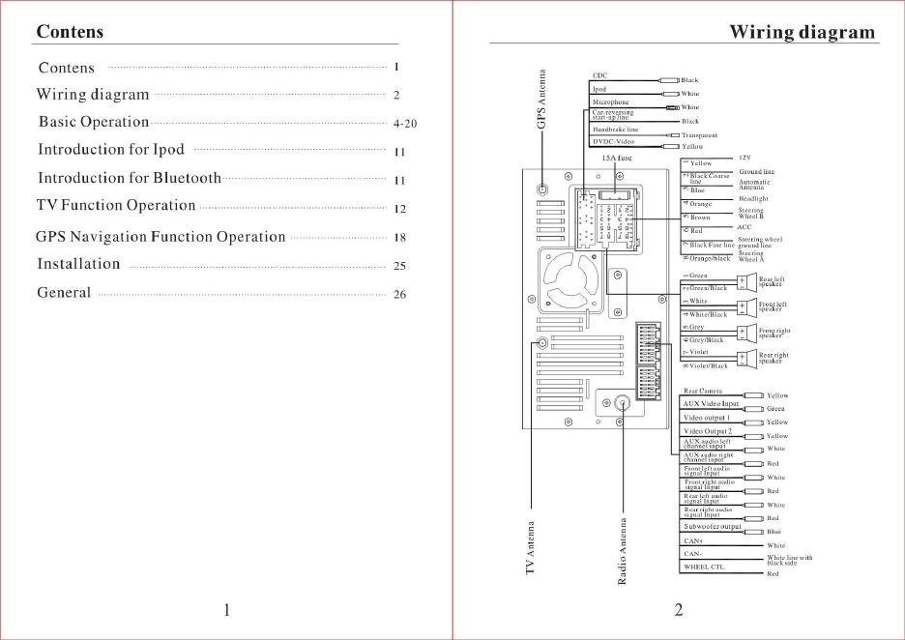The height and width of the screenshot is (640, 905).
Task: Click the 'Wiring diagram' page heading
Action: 802,32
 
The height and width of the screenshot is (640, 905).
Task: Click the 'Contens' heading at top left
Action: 70,32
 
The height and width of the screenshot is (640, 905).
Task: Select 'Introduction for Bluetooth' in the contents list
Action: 130,178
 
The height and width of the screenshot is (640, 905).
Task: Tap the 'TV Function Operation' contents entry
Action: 116,206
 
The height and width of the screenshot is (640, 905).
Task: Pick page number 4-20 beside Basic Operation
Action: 405,125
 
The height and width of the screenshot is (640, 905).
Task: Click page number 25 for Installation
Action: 399,266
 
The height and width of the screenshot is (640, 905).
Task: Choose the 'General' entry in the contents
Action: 64,293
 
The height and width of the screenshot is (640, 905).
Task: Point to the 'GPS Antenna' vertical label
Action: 541,99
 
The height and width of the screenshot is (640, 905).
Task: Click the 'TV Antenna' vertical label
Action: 530,549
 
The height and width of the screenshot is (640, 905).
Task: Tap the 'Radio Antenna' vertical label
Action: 622,551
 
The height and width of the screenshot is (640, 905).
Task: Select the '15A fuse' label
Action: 616,156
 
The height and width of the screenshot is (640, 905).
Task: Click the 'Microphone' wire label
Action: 610,102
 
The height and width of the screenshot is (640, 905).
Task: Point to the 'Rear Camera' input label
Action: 703,392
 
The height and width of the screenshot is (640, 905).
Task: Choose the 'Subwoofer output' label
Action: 712,527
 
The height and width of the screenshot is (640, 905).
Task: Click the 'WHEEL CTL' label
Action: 704,567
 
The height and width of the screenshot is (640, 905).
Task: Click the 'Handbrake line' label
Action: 615,129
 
